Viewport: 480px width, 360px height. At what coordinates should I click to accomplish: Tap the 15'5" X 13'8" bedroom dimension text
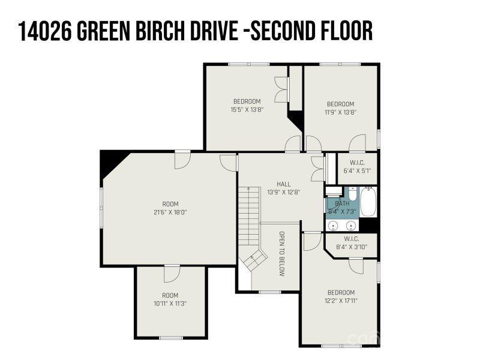247,110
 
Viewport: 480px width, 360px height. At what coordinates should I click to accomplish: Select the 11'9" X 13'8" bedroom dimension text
340,112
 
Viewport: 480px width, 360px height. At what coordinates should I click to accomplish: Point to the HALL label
283,184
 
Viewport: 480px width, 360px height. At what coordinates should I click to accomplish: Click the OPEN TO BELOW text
281,253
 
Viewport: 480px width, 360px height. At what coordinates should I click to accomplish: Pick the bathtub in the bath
368,203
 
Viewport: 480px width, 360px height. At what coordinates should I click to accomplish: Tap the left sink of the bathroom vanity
335,225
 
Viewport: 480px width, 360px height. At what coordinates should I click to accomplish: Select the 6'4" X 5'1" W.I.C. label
356,171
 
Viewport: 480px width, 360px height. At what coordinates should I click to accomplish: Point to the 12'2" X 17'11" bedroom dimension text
340,301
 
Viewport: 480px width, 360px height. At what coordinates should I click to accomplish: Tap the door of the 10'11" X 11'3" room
172,273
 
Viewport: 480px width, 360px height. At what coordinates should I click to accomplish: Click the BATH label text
341,203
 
